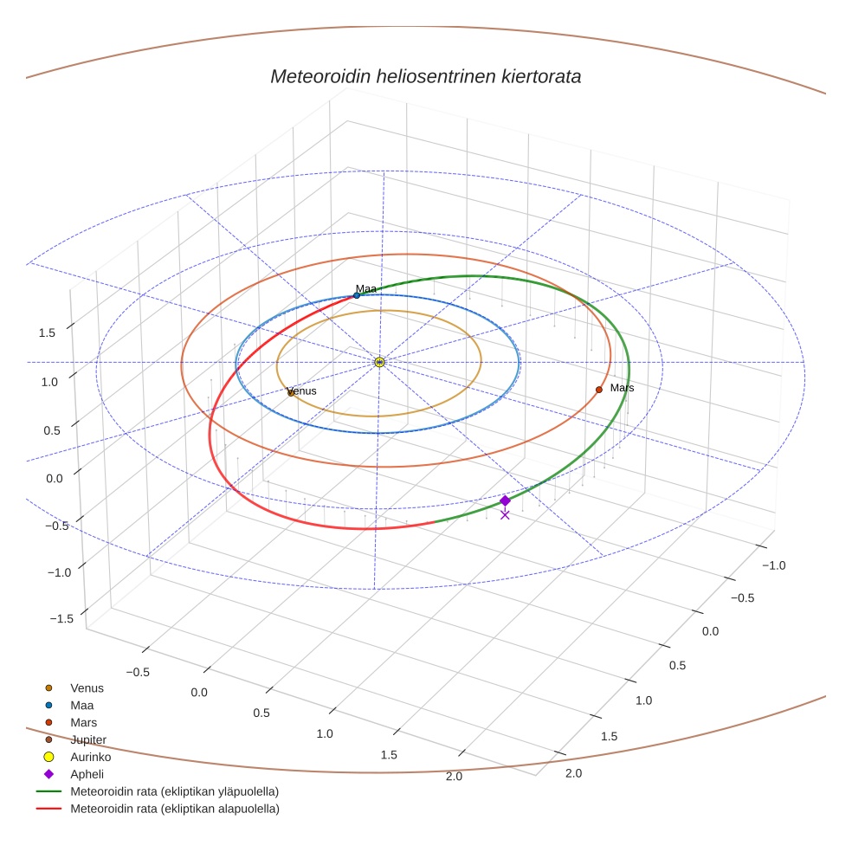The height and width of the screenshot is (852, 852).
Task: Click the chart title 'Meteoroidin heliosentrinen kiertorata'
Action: (x=425, y=76)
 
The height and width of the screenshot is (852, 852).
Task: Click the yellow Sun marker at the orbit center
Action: (x=379, y=362)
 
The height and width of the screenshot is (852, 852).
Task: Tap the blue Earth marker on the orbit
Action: (x=357, y=295)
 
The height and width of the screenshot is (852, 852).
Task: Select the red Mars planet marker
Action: (x=598, y=390)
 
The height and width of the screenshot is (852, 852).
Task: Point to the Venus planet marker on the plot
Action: (x=291, y=393)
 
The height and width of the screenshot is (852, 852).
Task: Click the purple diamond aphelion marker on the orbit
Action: (x=505, y=500)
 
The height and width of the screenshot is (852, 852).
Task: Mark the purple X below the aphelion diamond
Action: (x=505, y=515)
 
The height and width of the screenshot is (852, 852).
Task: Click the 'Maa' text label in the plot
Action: (x=365, y=288)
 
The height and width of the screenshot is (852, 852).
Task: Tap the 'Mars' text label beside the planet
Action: (x=622, y=388)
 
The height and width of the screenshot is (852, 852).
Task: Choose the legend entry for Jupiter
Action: (x=88, y=739)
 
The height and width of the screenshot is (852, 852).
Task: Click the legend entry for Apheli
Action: (x=87, y=774)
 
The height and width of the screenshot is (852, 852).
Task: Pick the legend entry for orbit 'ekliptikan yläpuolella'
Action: (x=174, y=791)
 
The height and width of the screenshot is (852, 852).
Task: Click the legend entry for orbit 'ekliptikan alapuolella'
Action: (x=174, y=809)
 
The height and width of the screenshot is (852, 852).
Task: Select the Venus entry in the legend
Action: (x=87, y=688)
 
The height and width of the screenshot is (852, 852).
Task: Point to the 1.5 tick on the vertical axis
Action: (x=47, y=332)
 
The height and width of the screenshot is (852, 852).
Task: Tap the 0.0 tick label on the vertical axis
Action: (x=55, y=478)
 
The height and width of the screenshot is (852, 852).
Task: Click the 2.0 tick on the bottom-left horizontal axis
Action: (x=454, y=776)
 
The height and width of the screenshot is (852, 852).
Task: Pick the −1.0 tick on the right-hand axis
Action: (x=772, y=565)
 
